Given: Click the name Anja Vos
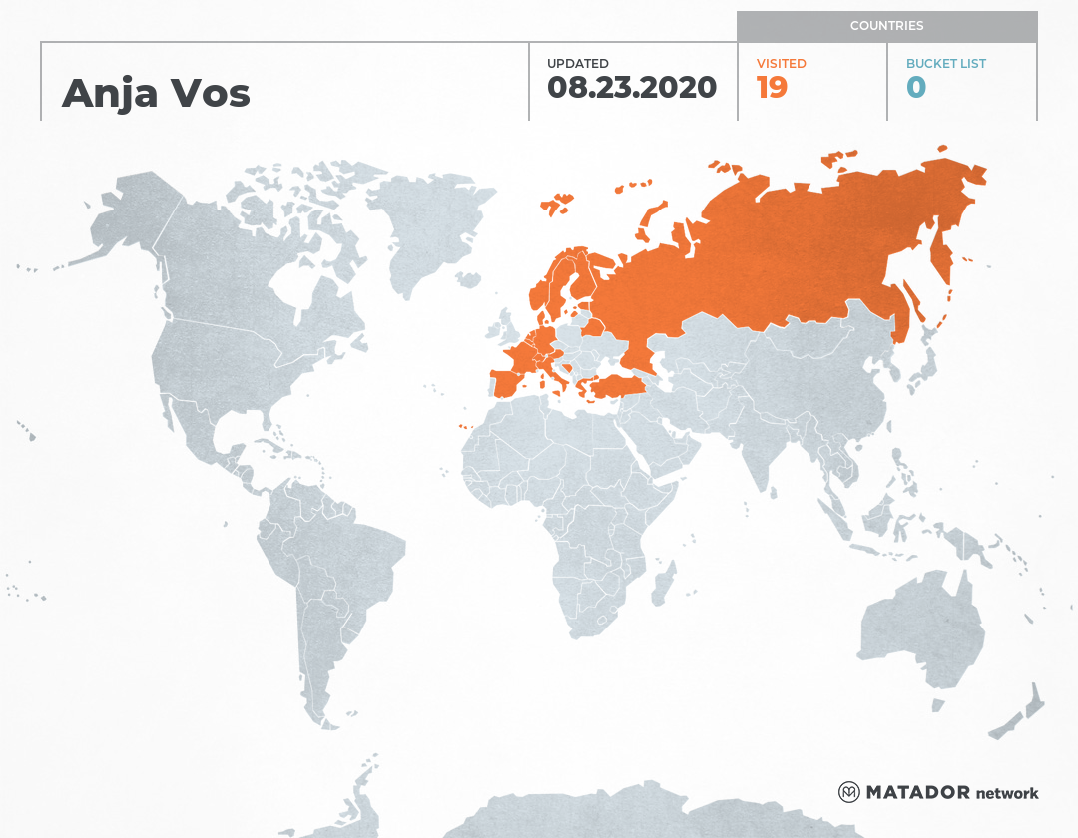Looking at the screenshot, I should (156, 93).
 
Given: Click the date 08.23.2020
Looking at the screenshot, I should (631, 88).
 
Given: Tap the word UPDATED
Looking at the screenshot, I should (577, 64).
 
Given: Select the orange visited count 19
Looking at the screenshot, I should (772, 88).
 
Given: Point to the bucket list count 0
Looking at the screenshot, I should (915, 88).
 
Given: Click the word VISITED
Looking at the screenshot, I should (781, 64).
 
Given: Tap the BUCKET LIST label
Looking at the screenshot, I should (945, 64).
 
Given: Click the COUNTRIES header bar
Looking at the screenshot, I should (886, 26).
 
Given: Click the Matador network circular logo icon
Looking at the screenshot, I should (848, 792).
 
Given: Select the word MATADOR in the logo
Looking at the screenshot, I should (917, 793).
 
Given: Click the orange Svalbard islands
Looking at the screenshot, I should (557, 204).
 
